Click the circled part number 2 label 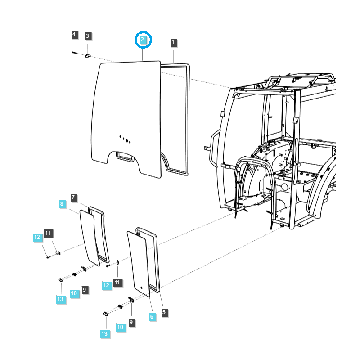tap(143, 40)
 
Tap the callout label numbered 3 tap(88, 36)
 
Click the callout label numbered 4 tap(74, 35)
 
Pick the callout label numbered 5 tap(164, 312)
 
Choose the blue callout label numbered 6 tap(152, 317)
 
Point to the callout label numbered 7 tap(74, 197)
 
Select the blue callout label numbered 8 tap(62, 204)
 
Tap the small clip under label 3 tap(88, 55)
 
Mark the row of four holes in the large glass tap(125, 139)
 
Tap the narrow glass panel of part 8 tap(90, 236)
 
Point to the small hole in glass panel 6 tap(141, 287)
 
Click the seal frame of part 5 tap(157, 261)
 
